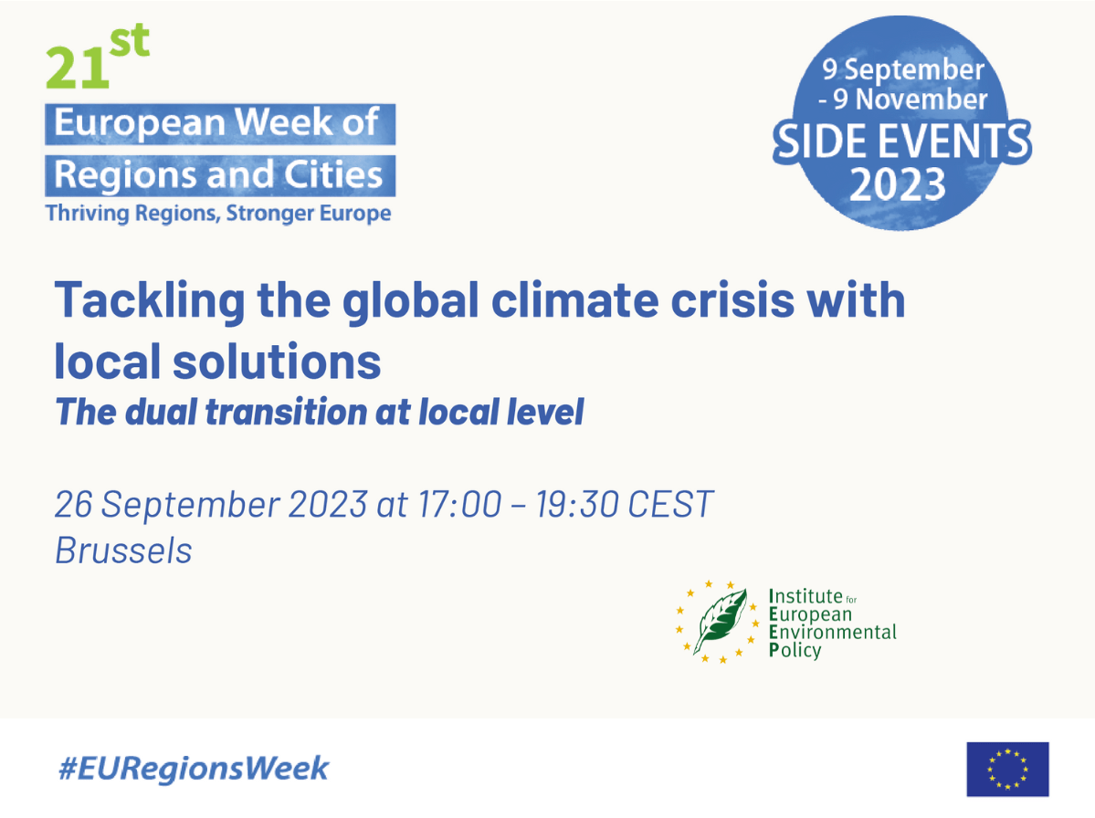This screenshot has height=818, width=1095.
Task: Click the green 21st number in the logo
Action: click(x=95, y=58)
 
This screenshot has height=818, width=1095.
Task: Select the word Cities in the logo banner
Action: click(x=333, y=174)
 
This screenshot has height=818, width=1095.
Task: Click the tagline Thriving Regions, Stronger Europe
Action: click(x=217, y=215)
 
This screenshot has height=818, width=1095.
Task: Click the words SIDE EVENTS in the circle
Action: click(x=901, y=142)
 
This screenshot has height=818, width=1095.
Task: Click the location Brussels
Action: click(x=123, y=551)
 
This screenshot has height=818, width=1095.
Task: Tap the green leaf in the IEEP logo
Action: click(x=720, y=621)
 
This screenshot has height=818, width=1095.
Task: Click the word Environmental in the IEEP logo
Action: click(x=833, y=632)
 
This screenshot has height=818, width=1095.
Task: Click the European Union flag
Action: click(x=1007, y=769)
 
